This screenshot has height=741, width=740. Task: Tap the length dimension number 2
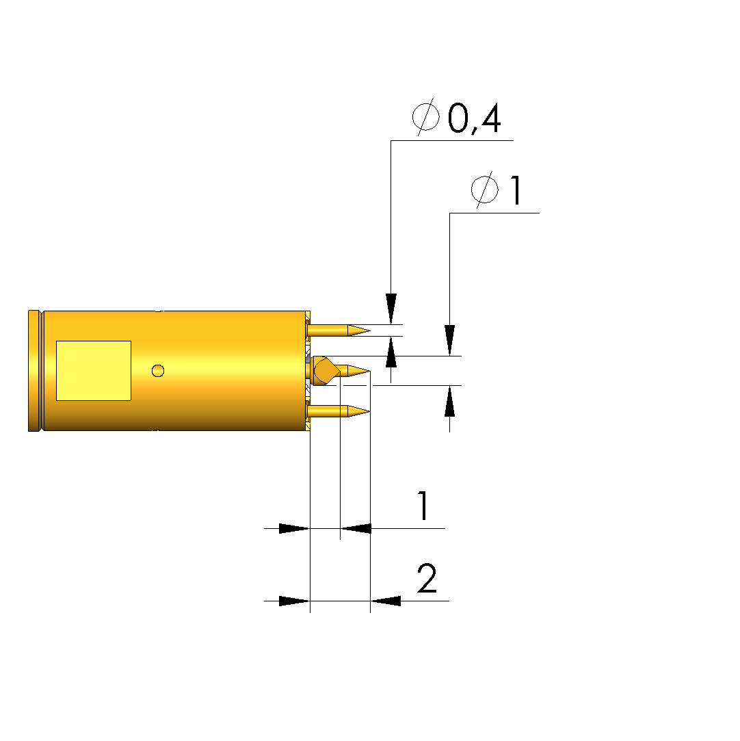427,578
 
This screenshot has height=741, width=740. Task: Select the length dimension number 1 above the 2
423,505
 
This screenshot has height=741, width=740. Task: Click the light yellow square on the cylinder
94,371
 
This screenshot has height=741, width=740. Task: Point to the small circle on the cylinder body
158,371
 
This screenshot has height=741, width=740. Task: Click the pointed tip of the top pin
370,330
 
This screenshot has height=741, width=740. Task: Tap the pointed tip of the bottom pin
370,411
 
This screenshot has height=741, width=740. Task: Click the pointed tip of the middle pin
370,371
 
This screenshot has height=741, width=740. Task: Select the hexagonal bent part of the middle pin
326,371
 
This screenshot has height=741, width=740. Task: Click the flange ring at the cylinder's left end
35,371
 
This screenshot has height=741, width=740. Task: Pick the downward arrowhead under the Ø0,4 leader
391,309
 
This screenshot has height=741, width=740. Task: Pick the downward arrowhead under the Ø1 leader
449,340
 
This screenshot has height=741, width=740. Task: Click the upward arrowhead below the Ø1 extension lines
449,401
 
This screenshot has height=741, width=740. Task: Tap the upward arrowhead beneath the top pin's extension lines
391,352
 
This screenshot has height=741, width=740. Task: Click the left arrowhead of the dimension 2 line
294,601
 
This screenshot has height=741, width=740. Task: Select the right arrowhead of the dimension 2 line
385,601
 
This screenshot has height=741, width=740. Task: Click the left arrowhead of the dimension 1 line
294,528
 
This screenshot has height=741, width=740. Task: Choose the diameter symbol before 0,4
426,117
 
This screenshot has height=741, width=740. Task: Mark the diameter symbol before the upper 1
484,190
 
